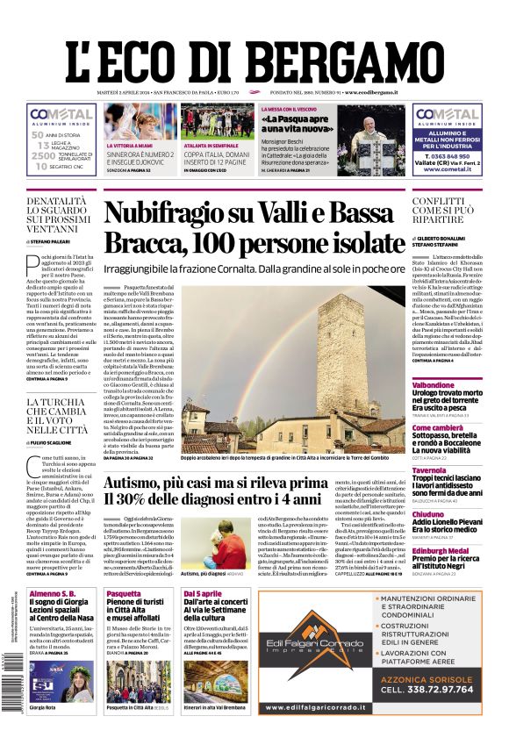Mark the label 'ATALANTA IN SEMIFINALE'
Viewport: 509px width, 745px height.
[x=215, y=146]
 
